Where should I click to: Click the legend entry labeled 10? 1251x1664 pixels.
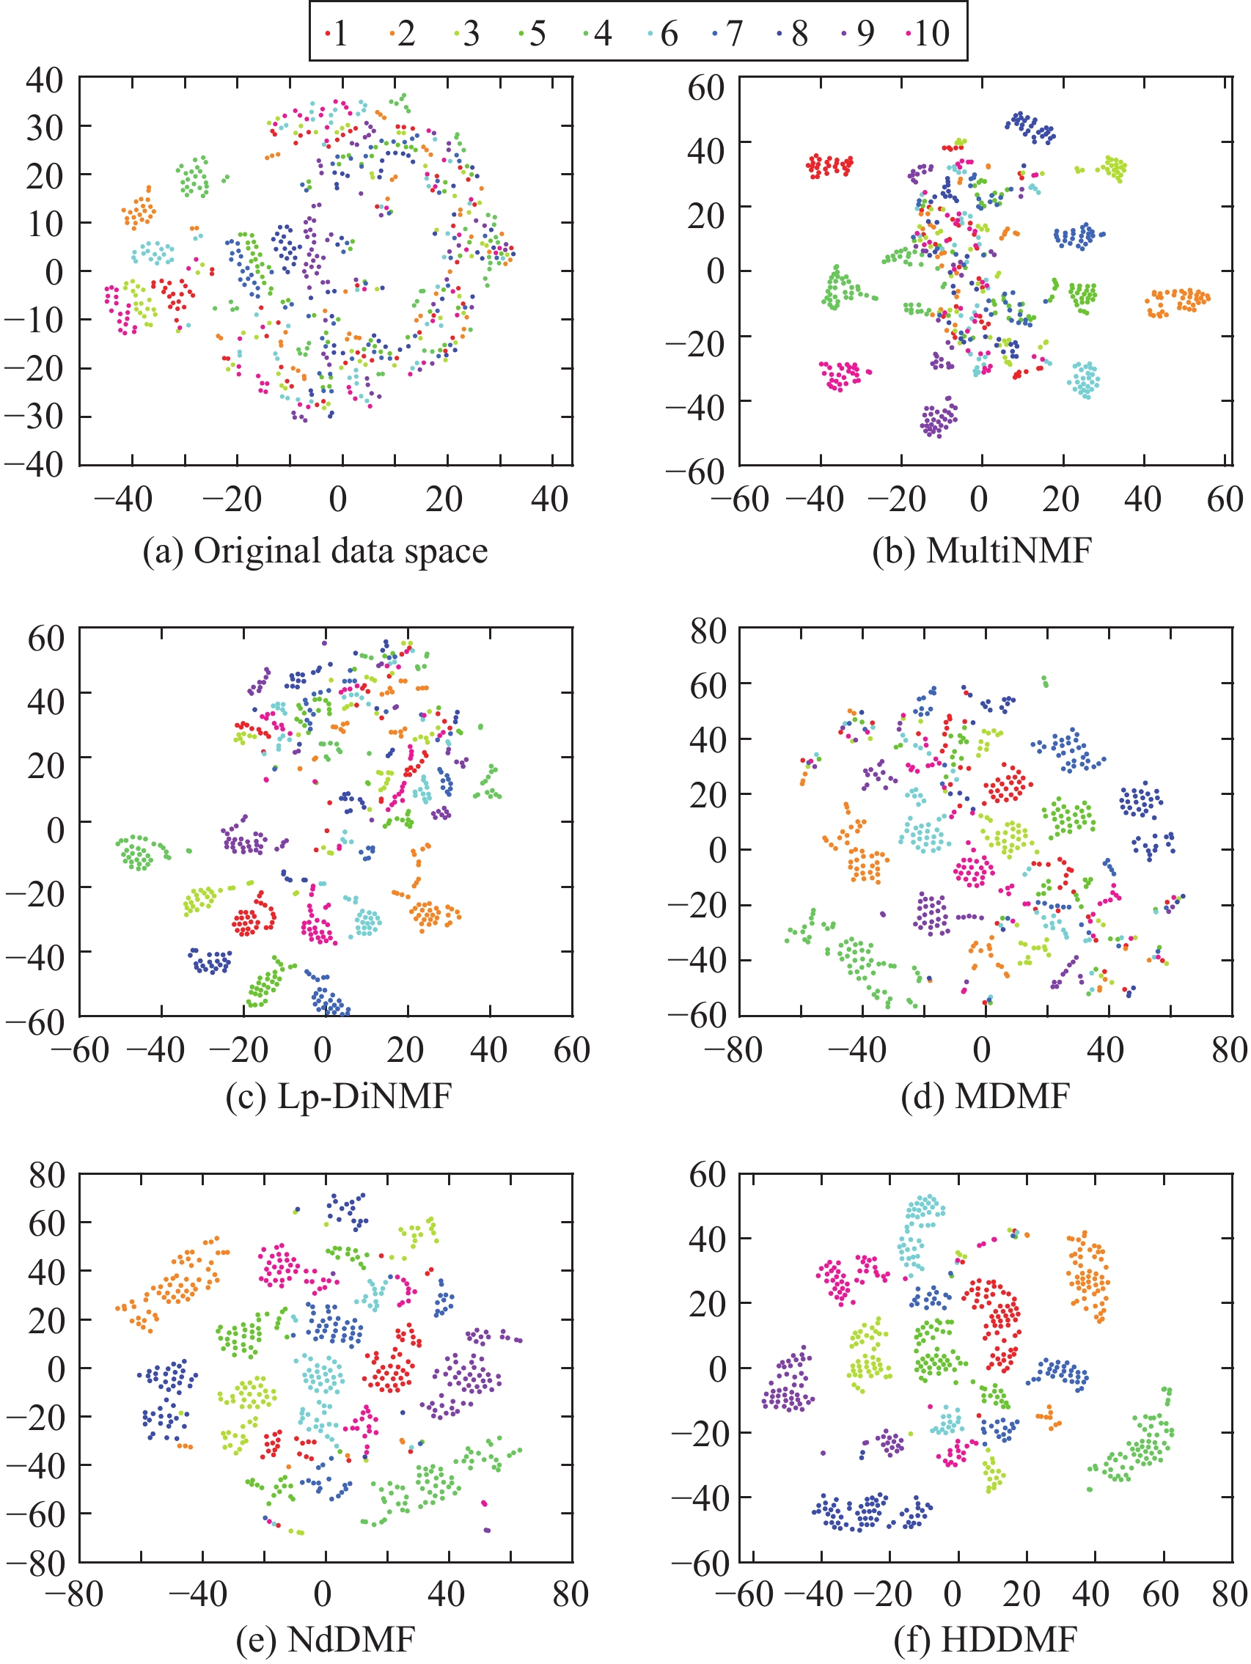coord(926,34)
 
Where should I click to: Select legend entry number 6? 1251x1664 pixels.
coord(663,34)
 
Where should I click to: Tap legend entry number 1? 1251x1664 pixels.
coord(335,34)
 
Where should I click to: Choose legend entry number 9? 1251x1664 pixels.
coord(860,34)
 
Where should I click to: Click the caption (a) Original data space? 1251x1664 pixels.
coord(315,551)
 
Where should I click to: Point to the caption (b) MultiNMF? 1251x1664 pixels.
coord(981,551)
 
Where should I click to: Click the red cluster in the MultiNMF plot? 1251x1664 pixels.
coord(830,166)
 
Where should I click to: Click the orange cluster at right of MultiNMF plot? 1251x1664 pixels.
coord(1177,301)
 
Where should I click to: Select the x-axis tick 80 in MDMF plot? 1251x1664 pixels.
coord(1229,1049)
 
